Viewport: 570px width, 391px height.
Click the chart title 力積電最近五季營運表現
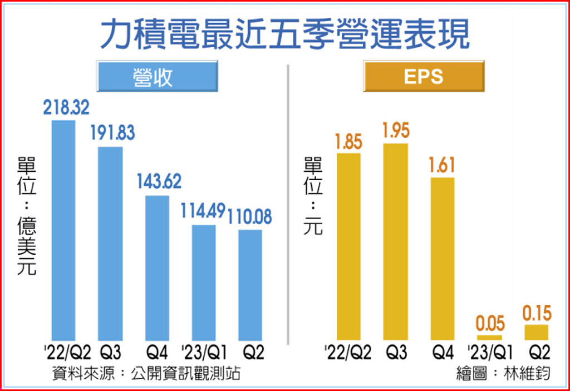coord(284,34)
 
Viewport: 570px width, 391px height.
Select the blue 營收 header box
coord(157,76)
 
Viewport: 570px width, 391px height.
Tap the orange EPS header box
coord(424,76)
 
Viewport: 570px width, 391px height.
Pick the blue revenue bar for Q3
coord(110,243)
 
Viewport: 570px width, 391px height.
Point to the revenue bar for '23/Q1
coord(204,282)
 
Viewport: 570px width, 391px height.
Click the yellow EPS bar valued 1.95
coord(395,241)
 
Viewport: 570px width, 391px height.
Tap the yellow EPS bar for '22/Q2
coord(349,246)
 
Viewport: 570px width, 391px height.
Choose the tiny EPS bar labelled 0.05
coord(489,337)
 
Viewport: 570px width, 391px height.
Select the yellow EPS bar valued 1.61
coord(443,259)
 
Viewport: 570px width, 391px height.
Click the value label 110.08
coord(250,216)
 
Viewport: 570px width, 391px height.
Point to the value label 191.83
coord(114,133)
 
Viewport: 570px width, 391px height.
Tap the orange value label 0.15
coord(537,314)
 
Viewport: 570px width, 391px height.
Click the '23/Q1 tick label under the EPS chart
coord(489,352)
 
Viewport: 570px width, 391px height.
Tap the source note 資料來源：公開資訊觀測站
coord(146,373)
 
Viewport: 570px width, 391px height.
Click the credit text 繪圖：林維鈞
coord(503,373)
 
